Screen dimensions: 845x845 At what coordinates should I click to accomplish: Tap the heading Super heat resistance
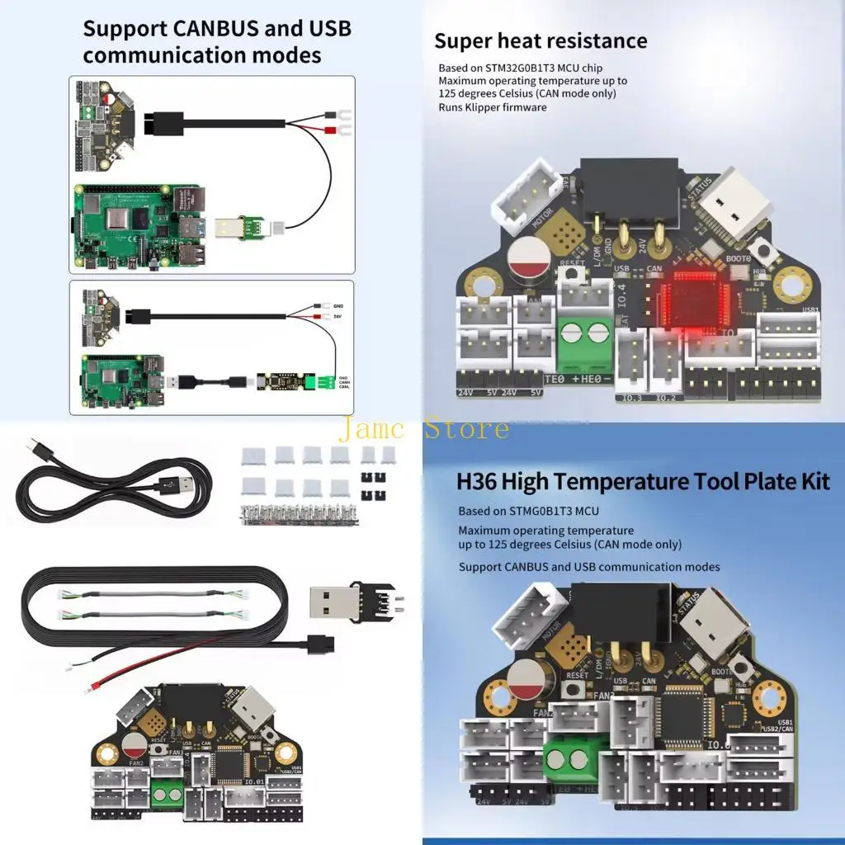coord(541,40)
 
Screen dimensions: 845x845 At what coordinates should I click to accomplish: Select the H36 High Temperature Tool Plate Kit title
coord(643,480)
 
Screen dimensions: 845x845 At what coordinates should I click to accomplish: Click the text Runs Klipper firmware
coord(493,107)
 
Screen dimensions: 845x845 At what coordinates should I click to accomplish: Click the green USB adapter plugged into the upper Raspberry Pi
coord(241,224)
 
